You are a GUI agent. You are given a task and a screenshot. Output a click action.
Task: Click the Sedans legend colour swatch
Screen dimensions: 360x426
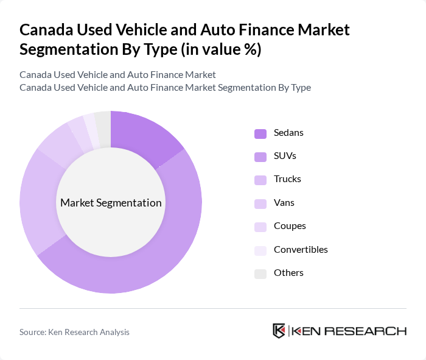pyautogui.click(x=260, y=133)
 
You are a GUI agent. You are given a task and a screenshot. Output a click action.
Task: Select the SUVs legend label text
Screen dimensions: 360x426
pyautogui.click(x=285, y=156)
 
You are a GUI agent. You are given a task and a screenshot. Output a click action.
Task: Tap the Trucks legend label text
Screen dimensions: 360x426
pyautogui.click(x=287, y=179)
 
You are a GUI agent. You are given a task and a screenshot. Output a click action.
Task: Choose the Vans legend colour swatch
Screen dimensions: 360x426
pyautogui.click(x=260, y=203)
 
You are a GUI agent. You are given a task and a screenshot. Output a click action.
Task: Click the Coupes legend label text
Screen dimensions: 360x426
pyautogui.click(x=290, y=226)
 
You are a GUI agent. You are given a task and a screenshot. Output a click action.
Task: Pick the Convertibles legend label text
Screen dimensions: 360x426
pyautogui.click(x=301, y=249)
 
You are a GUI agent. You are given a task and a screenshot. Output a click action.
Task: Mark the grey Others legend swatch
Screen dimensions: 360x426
pyautogui.click(x=260, y=273)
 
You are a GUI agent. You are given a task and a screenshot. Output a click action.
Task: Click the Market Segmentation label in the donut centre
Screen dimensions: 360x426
pyautogui.click(x=111, y=203)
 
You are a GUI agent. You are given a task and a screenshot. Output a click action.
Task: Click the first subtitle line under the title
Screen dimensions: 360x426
pyautogui.click(x=117, y=75)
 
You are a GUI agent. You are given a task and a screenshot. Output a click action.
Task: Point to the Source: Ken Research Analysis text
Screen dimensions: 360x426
pyautogui.click(x=74, y=332)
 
